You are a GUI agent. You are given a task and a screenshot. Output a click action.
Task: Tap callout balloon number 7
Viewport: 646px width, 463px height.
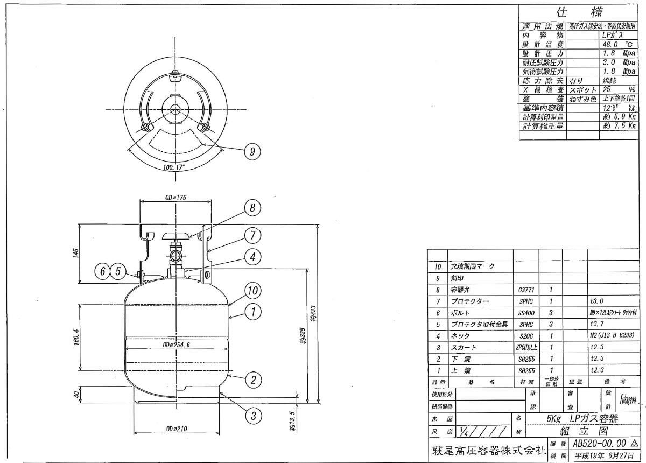[x=253, y=235]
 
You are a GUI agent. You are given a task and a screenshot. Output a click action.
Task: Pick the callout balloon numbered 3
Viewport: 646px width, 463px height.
[x=252, y=415]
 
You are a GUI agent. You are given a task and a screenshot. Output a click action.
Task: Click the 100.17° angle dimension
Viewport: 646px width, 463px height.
[x=174, y=167]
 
